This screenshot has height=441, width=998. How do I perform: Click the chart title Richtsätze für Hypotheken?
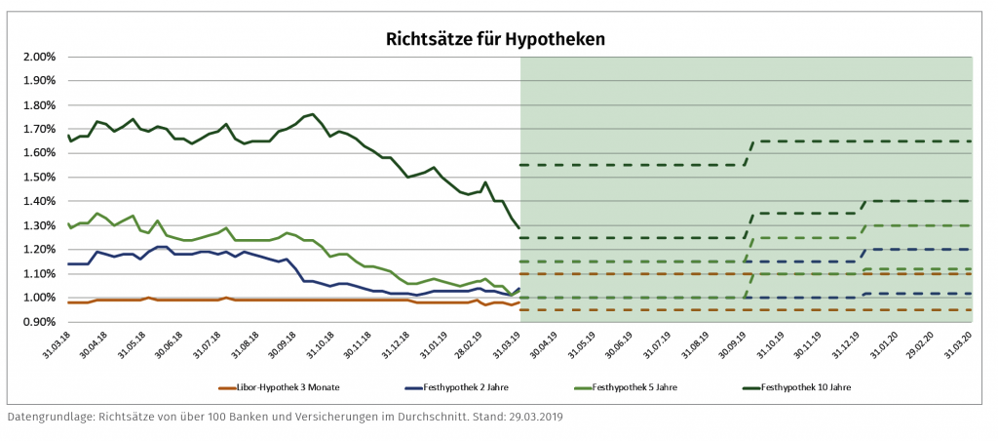497,39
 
